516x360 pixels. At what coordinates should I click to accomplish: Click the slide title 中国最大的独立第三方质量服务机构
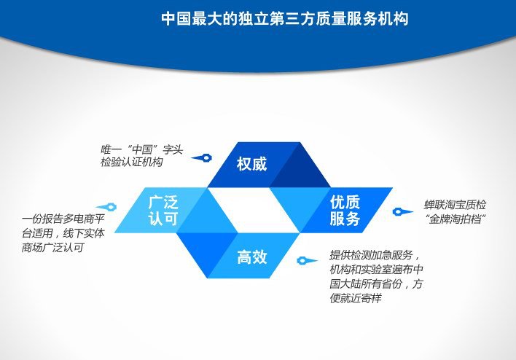click(x=285, y=18)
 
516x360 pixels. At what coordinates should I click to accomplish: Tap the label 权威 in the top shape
click(x=251, y=164)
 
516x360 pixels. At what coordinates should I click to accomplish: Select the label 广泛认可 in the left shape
click(x=163, y=211)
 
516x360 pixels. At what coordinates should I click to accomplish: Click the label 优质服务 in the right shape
click(x=345, y=211)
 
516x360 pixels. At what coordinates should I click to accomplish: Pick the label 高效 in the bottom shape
click(x=252, y=257)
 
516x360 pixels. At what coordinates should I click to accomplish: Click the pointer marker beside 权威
click(x=202, y=158)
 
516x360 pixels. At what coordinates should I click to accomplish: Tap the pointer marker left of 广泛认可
click(x=106, y=207)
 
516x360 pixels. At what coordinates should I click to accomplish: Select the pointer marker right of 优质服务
click(x=402, y=211)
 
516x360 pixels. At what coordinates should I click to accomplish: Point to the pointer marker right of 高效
click(x=307, y=261)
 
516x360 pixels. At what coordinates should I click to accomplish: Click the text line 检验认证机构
click(x=132, y=163)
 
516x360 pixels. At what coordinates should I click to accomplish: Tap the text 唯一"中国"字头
click(x=141, y=149)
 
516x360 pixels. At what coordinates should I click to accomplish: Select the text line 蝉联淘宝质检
click(x=455, y=205)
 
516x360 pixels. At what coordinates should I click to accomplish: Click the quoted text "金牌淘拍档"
click(x=456, y=219)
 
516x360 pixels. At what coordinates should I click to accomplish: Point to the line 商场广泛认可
click(x=53, y=248)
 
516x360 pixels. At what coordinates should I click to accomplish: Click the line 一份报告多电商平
click(x=63, y=219)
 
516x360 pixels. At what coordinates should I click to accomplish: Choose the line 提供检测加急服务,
click(x=375, y=255)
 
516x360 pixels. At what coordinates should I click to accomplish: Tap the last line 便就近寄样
click(x=356, y=298)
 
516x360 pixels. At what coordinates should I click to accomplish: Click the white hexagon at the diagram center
click(x=254, y=210)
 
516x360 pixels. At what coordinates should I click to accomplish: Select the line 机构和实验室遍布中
click(x=376, y=270)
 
